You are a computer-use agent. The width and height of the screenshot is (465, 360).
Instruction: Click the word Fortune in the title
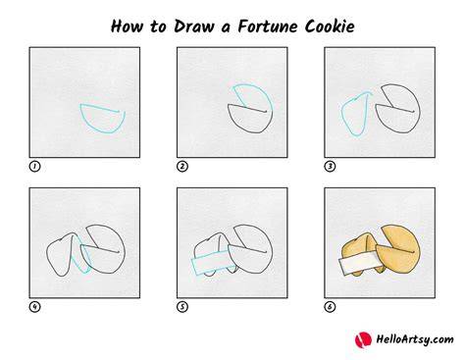click(x=268, y=26)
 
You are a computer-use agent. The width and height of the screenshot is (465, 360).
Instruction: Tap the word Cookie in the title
click(x=330, y=26)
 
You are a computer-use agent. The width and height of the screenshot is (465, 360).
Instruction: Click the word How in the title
click(x=127, y=26)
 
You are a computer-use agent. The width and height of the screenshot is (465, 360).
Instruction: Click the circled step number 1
click(x=34, y=167)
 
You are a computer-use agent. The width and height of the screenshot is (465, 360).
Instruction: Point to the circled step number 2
click(x=182, y=167)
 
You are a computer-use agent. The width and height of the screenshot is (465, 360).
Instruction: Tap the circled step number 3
click(x=330, y=167)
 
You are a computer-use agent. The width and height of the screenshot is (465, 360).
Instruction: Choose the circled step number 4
click(x=34, y=307)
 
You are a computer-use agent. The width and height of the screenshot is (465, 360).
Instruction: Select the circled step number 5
click(x=182, y=307)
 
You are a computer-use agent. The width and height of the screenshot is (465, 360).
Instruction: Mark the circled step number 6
click(x=330, y=307)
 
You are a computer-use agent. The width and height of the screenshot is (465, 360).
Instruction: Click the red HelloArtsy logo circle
click(x=363, y=339)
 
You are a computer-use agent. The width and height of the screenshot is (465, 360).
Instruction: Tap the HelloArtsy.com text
click(x=415, y=339)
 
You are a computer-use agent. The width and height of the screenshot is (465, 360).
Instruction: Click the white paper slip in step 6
click(x=359, y=263)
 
